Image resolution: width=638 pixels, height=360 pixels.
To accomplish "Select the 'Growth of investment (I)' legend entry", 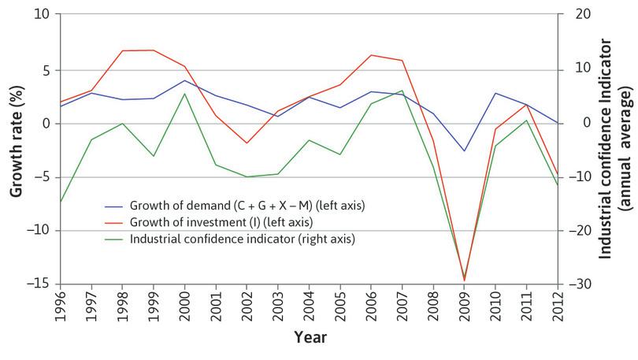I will tap(221, 221).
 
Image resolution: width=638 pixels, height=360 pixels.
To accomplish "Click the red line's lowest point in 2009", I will tap(464, 280).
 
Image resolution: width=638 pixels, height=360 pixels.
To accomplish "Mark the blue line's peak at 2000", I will tap(184, 80).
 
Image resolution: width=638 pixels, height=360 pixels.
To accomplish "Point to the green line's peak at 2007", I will tap(402, 91).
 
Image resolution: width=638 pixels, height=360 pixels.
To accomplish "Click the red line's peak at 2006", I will tap(370, 55).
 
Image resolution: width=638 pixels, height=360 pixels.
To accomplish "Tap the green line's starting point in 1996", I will tap(61, 202).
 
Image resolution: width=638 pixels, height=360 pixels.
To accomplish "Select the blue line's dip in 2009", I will tap(464, 150).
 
